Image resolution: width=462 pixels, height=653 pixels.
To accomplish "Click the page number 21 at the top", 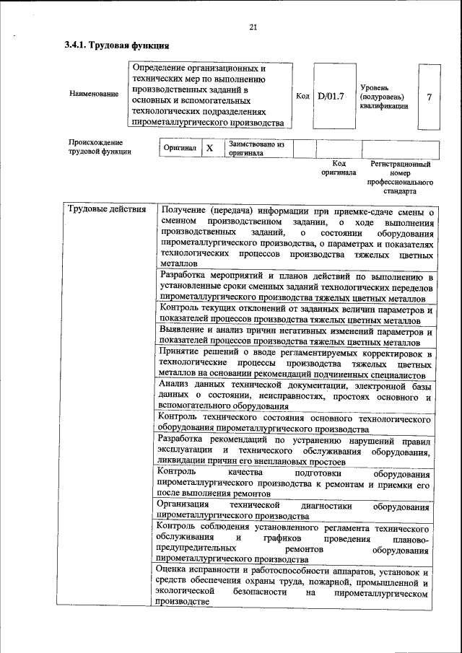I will pyautogui.click(x=253, y=27).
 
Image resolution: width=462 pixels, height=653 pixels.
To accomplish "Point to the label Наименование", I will pyautogui.click(x=94, y=95).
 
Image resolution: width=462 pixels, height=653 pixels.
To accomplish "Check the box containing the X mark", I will pyautogui.click(x=210, y=148).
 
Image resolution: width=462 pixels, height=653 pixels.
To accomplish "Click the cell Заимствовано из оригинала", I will pyautogui.click(x=256, y=148).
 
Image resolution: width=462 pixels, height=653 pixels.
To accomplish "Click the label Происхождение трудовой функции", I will pyautogui.click(x=100, y=147).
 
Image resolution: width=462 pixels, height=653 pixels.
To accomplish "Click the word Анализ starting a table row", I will pyautogui.click(x=178, y=386).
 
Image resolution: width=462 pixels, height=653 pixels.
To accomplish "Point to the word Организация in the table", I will pyautogui.click(x=186, y=504).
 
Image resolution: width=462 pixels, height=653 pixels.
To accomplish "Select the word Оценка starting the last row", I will pyautogui.click(x=175, y=569).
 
